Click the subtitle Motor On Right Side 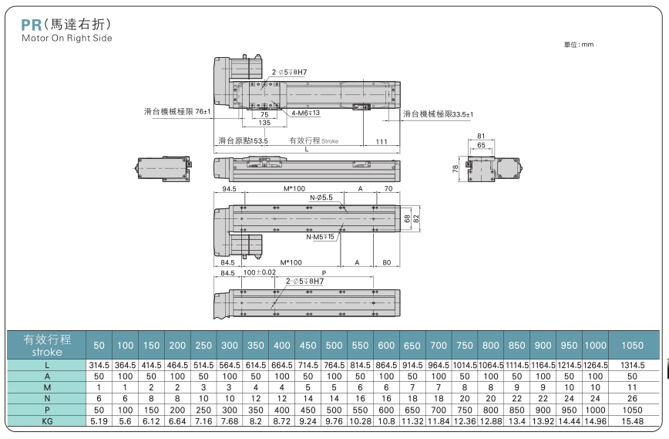click(66, 38)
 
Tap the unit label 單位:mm click(579, 45)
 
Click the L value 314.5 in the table click(99, 364)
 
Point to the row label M click(48, 387)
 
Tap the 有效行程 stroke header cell click(48, 343)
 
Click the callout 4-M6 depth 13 click(306, 113)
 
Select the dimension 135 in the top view click(264, 123)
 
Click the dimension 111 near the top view click(381, 141)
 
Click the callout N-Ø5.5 click(321, 198)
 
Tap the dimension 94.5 click(229, 187)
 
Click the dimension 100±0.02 click(259, 273)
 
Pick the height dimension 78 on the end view click(456, 166)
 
